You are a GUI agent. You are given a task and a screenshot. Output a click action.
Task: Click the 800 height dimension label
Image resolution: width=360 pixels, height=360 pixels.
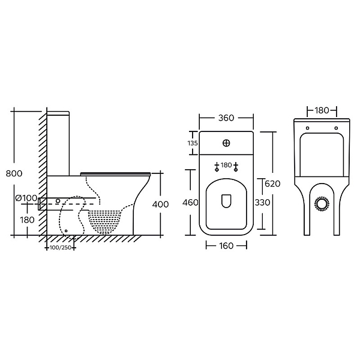click(14, 173)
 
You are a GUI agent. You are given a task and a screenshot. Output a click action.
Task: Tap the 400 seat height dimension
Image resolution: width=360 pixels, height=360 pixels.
click(160, 204)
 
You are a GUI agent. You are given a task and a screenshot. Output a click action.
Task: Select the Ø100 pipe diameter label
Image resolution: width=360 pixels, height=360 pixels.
click(26, 197)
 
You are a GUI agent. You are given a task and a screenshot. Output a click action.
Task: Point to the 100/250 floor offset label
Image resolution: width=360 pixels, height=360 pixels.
click(59, 248)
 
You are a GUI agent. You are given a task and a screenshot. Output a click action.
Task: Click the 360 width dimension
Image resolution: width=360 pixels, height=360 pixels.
click(226, 118)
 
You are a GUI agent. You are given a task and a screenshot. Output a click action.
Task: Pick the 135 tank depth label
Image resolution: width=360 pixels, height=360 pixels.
click(193, 143)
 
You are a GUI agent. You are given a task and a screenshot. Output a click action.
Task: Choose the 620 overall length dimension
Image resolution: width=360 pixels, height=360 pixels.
click(272, 184)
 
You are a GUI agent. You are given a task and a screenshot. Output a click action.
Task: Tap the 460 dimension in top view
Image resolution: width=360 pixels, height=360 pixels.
click(190, 203)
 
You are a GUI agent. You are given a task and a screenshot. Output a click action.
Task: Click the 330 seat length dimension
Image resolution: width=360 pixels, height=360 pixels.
click(262, 203)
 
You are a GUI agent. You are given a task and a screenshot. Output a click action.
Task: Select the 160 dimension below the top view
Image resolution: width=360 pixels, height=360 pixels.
click(226, 246)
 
